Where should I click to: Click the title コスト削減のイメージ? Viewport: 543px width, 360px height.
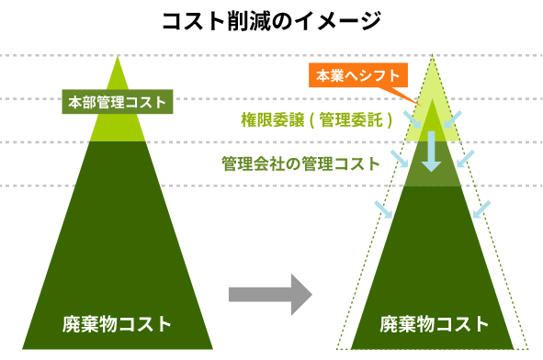coord(270,19)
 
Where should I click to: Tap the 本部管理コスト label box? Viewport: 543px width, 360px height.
coord(118,102)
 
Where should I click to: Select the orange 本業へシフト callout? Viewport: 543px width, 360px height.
coord(358,76)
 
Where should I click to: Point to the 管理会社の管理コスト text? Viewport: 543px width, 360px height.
coord(300,163)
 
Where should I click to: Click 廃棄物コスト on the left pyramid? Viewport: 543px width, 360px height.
coord(117,323)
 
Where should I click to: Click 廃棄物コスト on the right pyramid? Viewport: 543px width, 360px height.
coord(434,323)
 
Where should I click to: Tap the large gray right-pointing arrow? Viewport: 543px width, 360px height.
coord(270,294)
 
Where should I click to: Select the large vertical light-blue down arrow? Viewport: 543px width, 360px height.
coord(432,149)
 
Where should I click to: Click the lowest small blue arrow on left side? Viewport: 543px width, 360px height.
coord(383,208)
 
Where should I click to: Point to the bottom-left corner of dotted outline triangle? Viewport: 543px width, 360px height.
coord(337,348)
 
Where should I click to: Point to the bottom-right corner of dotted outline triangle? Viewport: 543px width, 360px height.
coord(530,348)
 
